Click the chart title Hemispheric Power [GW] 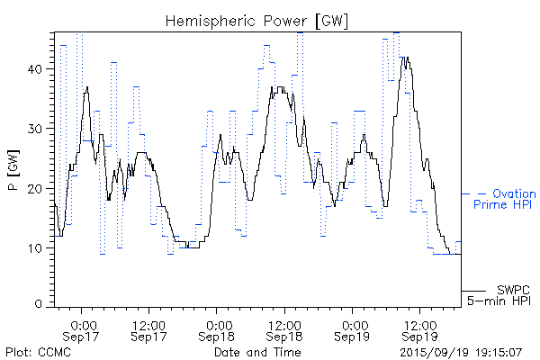pyautogui.click(x=256, y=20)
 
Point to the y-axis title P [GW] pyautogui.click(x=13, y=165)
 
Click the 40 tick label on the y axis pyautogui.click(x=39, y=68)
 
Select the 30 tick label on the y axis pyautogui.click(x=39, y=129)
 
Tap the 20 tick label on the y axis pyautogui.click(x=39, y=188)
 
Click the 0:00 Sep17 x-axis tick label pyautogui.click(x=83, y=329)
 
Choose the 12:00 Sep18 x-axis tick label pyautogui.click(x=283, y=329)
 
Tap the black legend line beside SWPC pyautogui.click(x=474, y=291)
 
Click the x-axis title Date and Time pyautogui.click(x=256, y=351)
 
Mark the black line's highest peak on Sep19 pyautogui.click(x=406, y=58)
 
